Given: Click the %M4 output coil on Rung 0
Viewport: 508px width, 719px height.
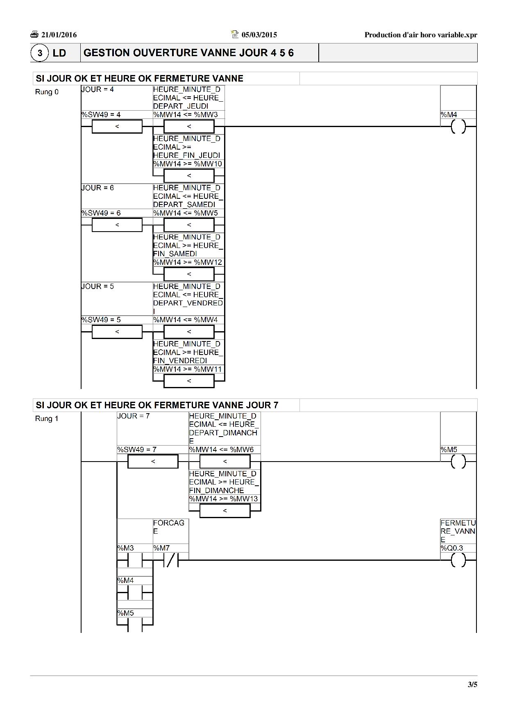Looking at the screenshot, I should [458, 127].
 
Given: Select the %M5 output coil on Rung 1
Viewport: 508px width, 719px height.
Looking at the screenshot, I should [458, 462].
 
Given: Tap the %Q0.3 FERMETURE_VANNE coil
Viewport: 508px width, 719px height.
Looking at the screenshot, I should [458, 560].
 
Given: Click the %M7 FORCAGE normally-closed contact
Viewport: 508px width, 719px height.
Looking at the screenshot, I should [171, 560].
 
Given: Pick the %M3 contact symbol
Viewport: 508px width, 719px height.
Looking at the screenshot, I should [135, 560].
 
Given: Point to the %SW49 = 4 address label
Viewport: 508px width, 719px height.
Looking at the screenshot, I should [101, 115].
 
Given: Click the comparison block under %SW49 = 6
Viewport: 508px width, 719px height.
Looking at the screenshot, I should [117, 225].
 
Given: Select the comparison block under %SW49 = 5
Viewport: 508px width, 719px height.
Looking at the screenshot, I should [117, 332].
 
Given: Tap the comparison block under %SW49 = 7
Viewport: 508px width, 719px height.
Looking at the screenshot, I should [153, 462].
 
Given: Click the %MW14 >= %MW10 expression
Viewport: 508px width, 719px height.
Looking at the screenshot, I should [188, 164].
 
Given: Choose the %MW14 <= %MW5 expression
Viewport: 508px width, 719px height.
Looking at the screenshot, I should [186, 213].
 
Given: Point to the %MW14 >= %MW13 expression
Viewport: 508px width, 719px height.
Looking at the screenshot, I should [223, 499].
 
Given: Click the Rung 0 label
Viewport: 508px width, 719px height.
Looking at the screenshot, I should [47, 92].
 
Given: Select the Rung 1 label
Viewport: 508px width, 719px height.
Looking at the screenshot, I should [47, 419].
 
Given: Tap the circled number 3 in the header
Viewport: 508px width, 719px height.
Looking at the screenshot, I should [40, 53].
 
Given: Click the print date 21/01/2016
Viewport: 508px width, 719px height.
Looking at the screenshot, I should [59, 35].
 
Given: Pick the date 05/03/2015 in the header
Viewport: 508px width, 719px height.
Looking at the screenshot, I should [259, 35].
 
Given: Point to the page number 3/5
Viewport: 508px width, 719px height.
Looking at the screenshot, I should [472, 684].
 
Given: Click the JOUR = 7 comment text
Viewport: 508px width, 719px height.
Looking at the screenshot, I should [134, 416].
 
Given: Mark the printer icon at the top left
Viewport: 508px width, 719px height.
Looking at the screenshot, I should [34, 34].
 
